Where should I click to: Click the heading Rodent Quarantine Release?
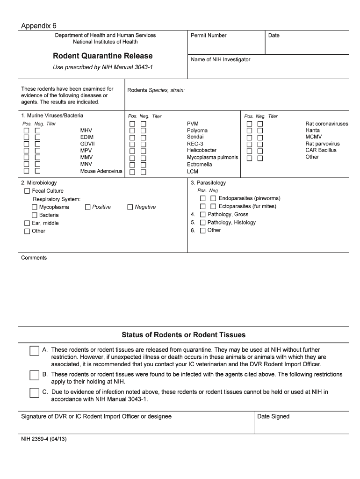coord(103,56)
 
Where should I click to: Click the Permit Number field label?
coord(209,36)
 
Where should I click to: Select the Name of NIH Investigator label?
coord(220,60)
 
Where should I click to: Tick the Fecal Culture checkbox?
coord(27,191)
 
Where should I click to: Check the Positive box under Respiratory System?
coord(88,207)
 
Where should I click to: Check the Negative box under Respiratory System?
coord(130,207)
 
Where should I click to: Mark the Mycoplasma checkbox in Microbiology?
coord(35,207)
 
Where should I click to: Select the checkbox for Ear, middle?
coord(27,223)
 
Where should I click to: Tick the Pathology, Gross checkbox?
coord(202,215)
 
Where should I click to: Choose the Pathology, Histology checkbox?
coord(202,223)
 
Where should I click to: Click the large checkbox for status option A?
coord(34,351)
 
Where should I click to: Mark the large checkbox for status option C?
coord(34,392)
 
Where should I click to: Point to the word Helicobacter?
coord(202,150)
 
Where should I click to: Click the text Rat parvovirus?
coord(323,144)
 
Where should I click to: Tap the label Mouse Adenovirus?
coord(101,171)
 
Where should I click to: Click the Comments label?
coord(34,258)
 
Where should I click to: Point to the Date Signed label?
coord(273,416)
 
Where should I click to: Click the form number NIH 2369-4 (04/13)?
coord(43,439)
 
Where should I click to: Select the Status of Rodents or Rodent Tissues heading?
coord(183,335)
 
